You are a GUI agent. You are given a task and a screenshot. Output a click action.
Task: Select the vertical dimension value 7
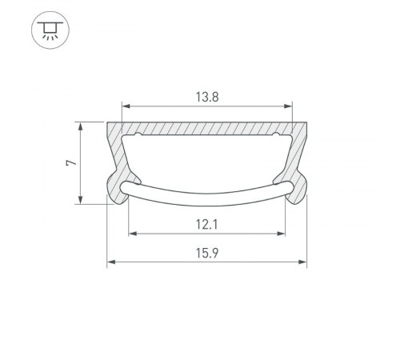coord(71,163)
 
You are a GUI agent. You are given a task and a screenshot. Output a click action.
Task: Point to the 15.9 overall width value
coord(206,253)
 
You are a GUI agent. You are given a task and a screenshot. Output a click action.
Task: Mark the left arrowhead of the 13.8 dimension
coord(125,106)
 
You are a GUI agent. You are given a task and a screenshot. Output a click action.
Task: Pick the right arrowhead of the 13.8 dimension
coord(289,106)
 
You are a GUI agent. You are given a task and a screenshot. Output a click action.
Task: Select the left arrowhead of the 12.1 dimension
coord(132,234)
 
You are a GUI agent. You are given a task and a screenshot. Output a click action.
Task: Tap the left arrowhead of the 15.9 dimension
coord(111,261)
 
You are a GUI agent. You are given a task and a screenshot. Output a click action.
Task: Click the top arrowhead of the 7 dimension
coord(81,126)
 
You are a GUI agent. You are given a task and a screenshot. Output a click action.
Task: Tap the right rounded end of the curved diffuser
coord(290,190)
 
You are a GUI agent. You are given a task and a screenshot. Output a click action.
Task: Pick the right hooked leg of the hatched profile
coord(300,180)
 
